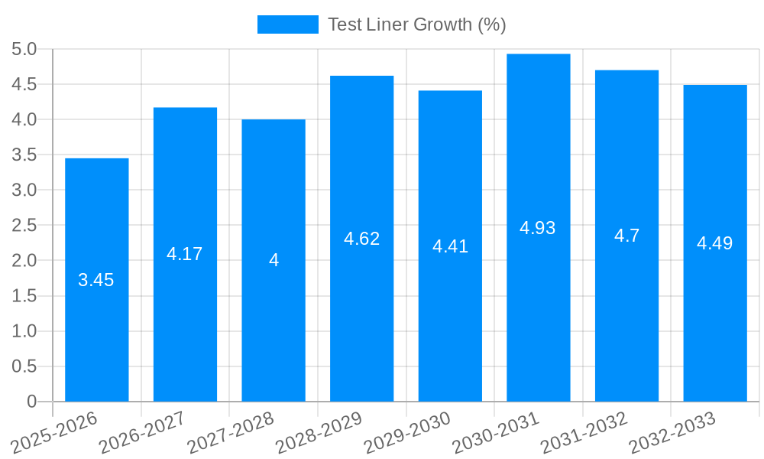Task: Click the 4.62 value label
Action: coord(361,239)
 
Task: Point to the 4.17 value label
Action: coord(185,254)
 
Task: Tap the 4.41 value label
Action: coord(450,246)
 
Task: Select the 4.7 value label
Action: coord(626,236)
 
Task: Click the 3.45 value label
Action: coord(96,280)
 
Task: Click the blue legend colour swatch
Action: coord(287,24)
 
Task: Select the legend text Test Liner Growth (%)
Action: coord(416,24)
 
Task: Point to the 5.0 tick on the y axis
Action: coord(24,50)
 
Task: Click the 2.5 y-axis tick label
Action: coord(24,226)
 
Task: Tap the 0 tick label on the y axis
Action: coord(31,402)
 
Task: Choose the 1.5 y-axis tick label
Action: coord(24,296)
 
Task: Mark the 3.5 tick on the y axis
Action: coord(24,155)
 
